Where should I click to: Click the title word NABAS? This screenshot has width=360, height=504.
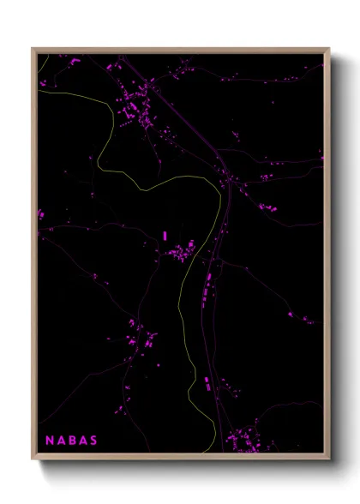pyautogui.click(x=71, y=441)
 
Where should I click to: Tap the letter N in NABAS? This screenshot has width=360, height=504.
pyautogui.click(x=50, y=441)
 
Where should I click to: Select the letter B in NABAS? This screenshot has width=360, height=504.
pyautogui.click(x=71, y=441)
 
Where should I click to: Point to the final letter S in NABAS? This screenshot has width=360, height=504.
pyautogui.click(x=93, y=441)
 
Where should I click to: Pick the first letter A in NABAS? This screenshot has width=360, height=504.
pyautogui.click(x=60, y=441)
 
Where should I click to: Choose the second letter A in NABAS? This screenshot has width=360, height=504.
pyautogui.click(x=82, y=441)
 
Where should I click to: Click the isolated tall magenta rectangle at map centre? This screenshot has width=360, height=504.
pyautogui.click(x=164, y=235)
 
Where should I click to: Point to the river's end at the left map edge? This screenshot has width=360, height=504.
pyautogui.click(x=39, y=91)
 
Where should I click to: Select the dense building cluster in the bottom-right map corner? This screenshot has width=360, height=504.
pyautogui.click(x=244, y=441)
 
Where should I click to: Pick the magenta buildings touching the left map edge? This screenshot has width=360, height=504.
pyautogui.click(x=40, y=213)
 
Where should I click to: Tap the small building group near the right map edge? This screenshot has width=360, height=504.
pyautogui.click(x=306, y=320)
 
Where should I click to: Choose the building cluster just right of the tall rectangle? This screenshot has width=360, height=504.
pyautogui.click(x=183, y=251)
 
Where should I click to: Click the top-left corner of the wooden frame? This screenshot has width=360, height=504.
pyautogui.click(x=33, y=48)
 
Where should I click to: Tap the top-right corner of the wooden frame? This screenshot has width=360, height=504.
pyautogui.click(x=329, y=48)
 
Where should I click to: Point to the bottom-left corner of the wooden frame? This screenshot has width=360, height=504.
pyautogui.click(x=33, y=460)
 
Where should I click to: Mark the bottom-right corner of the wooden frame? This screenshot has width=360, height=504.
pyautogui.click(x=329, y=460)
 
